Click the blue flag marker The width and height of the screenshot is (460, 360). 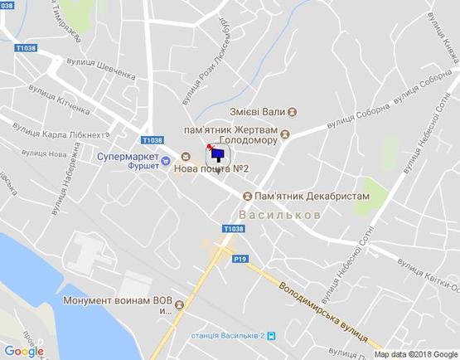pos(217,153)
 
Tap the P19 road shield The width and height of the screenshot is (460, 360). pos(240,259)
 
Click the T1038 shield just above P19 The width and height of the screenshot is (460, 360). pos(234,228)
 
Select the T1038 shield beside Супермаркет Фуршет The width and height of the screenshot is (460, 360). pos(153,140)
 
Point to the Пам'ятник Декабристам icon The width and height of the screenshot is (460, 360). pos(247,196)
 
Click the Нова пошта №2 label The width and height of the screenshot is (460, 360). pos(212,169)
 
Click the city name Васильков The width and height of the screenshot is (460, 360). pos(285,214)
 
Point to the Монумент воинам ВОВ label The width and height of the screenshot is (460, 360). pos(107,300)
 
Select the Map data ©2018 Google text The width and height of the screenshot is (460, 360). pos(416,354)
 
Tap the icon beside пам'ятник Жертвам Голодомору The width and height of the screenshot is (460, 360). pos(285,134)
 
